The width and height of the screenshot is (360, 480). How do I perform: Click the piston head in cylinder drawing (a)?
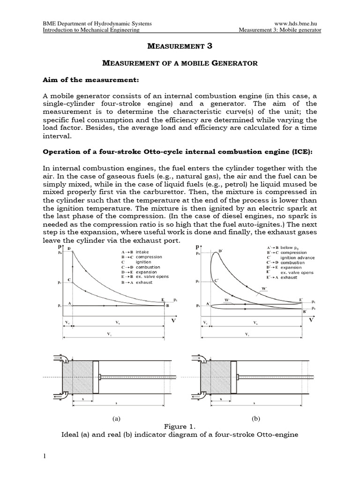click(96, 377)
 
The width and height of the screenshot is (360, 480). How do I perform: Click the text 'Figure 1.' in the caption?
click(180, 427)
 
